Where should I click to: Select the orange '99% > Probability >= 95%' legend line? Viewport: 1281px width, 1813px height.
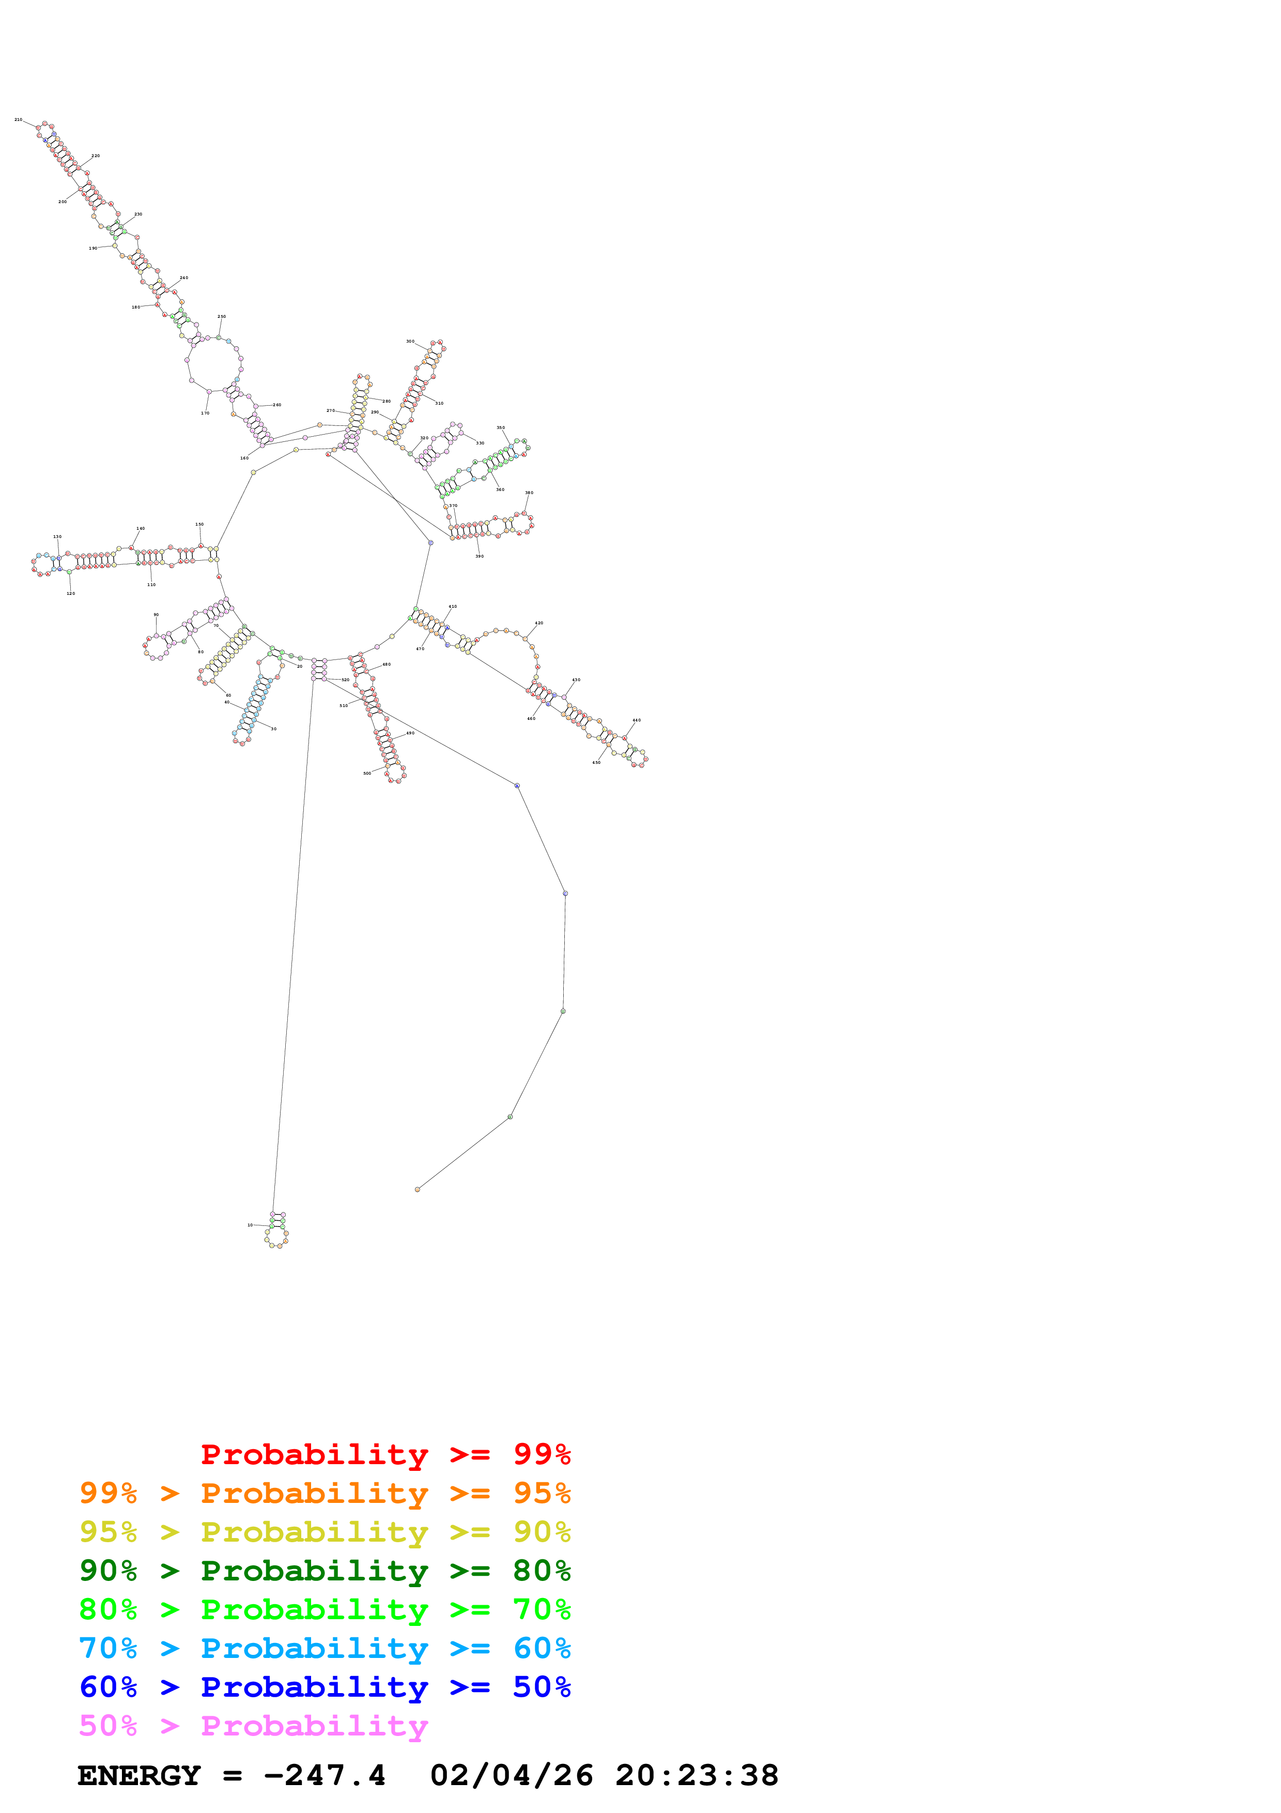pyautogui.click(x=325, y=1493)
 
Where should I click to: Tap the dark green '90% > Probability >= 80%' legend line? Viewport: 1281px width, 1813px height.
pyautogui.click(x=325, y=1571)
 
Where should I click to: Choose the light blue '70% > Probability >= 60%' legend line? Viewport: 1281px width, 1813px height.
pyautogui.click(x=325, y=1648)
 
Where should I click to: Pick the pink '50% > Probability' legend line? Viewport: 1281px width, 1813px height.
pyautogui.click(x=253, y=1725)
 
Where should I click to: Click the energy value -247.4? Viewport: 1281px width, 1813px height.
pyautogui.click(x=325, y=1775)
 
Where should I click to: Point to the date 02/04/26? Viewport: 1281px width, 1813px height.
pyautogui.click(x=512, y=1775)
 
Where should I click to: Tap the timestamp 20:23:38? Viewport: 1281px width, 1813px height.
pyautogui.click(x=697, y=1775)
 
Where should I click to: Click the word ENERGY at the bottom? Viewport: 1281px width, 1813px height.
pyautogui.click(x=139, y=1775)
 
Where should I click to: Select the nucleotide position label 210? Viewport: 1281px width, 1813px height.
pyautogui.click(x=18, y=120)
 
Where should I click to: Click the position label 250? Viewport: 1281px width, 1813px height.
pyautogui.click(x=222, y=317)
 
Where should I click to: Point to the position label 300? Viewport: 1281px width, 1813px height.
pyautogui.click(x=410, y=342)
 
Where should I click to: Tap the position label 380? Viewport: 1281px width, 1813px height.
pyautogui.click(x=529, y=493)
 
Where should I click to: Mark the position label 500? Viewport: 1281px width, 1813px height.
pyautogui.click(x=367, y=773)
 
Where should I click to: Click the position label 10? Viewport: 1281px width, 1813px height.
pyautogui.click(x=250, y=1225)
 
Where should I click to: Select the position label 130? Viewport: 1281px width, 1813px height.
pyautogui.click(x=57, y=537)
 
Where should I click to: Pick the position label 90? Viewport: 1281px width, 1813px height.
pyautogui.click(x=156, y=614)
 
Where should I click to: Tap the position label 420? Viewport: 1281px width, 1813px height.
pyautogui.click(x=539, y=623)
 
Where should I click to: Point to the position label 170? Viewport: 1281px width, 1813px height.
pyautogui.click(x=205, y=413)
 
